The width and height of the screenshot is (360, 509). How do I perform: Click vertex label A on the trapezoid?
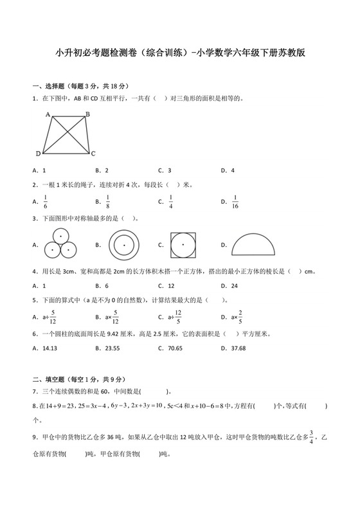tap(48, 114)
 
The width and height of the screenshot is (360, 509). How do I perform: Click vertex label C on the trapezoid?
tap(93, 153)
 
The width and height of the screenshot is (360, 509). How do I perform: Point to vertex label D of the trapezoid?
tap(39, 153)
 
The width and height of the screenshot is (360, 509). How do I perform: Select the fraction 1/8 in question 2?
tap(108, 201)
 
